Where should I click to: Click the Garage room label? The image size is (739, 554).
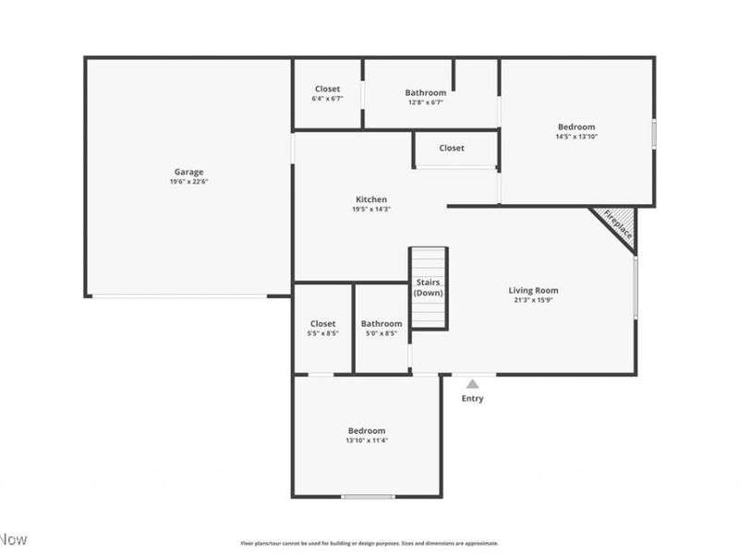(x=188, y=172)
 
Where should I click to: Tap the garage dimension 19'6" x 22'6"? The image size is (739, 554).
(x=188, y=182)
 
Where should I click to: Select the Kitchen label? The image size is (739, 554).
(x=371, y=199)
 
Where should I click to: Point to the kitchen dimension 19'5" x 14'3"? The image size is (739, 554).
(x=371, y=209)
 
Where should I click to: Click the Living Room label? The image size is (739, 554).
(x=534, y=290)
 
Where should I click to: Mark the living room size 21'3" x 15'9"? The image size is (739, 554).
(x=534, y=300)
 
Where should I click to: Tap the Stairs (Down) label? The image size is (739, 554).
(x=429, y=287)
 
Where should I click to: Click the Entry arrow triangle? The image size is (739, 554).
(x=472, y=383)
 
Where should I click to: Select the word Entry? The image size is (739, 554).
(x=472, y=399)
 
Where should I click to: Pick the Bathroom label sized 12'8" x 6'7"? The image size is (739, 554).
(x=425, y=92)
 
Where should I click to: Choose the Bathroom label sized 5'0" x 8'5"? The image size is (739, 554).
(x=382, y=323)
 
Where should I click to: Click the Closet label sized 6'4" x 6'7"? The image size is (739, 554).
(x=327, y=89)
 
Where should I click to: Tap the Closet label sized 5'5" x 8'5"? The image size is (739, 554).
(x=323, y=323)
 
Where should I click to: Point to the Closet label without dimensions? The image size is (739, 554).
(x=452, y=148)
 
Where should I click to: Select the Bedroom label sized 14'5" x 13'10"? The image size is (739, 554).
(x=576, y=126)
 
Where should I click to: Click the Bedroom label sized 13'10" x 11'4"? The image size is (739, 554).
(x=367, y=431)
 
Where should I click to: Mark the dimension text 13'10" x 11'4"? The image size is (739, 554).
(x=367, y=441)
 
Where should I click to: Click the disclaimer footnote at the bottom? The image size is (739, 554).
(x=369, y=543)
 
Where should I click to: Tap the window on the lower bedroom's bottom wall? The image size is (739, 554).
(x=368, y=497)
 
